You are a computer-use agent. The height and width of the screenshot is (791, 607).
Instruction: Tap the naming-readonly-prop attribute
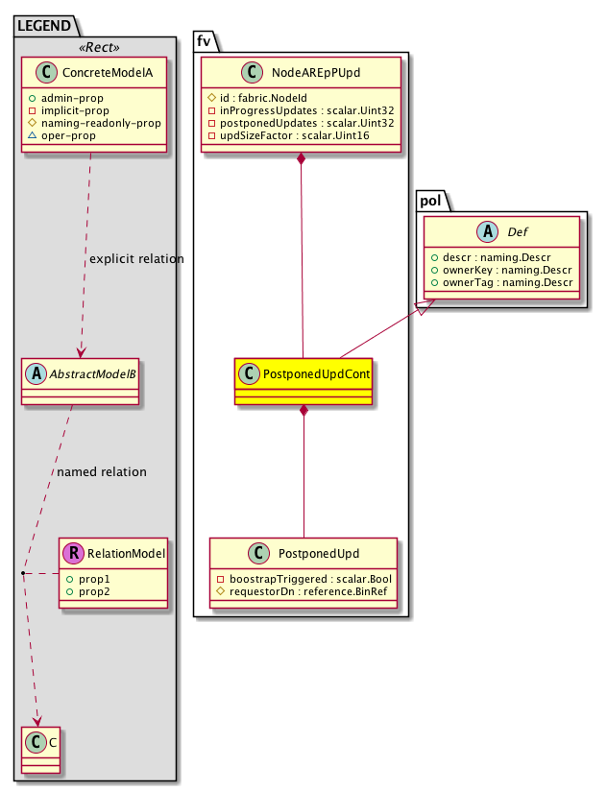[100, 124]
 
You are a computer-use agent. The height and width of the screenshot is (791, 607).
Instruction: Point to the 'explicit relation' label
[135, 259]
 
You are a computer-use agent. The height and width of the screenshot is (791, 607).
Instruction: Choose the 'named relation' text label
[102, 472]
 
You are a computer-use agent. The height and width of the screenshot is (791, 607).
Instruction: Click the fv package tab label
[205, 39]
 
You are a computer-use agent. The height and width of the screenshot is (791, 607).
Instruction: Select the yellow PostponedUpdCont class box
[303, 381]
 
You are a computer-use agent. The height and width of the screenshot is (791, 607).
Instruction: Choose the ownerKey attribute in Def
[502, 270]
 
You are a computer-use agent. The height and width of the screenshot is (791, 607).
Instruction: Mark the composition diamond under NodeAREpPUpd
[303, 156]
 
